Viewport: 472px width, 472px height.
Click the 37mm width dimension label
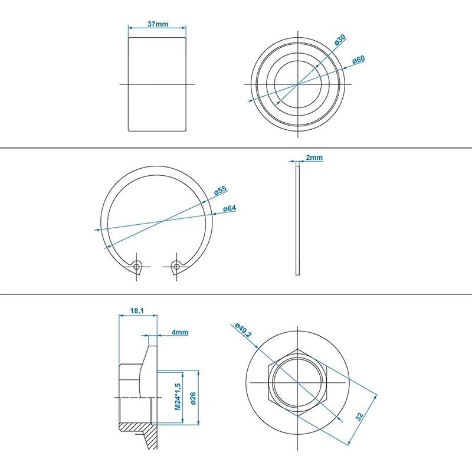point(158,24)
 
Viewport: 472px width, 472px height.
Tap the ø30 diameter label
point(340,40)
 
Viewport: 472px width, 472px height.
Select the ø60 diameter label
point(359,60)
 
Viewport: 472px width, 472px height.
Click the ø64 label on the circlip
point(230,208)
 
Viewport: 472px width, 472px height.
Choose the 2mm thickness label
point(314,158)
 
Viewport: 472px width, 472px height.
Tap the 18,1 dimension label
point(139,311)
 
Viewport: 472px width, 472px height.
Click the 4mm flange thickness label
point(180,332)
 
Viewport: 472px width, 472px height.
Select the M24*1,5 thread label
point(178,396)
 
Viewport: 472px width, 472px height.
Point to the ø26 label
point(193,398)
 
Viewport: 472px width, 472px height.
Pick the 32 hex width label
point(359,416)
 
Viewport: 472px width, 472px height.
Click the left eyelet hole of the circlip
point(137,267)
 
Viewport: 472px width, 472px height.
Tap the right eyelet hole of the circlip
point(176,266)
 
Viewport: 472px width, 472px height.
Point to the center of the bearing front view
point(298,84)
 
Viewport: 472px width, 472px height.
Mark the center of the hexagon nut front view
point(298,382)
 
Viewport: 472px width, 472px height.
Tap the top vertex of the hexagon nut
point(298,349)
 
